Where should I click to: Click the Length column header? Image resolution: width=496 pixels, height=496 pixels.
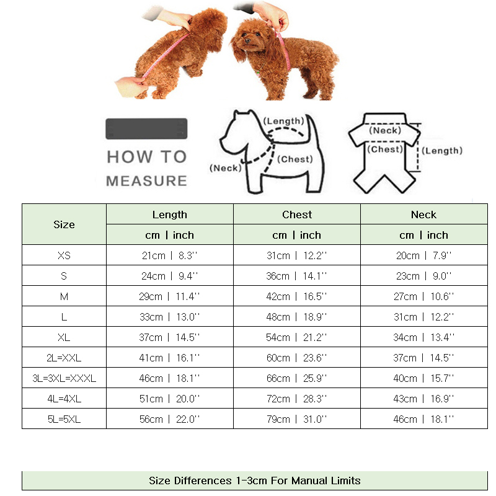[x=169, y=215]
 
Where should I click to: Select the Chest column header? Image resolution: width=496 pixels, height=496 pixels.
[x=297, y=215]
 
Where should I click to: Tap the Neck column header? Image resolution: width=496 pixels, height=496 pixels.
[x=423, y=215]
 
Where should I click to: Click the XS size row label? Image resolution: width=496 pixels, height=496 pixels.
[x=64, y=255]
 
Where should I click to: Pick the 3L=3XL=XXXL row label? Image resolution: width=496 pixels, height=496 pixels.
[x=64, y=378]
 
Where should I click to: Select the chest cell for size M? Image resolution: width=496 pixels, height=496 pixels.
[x=297, y=296]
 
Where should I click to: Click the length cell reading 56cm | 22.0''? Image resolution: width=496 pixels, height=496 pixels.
[x=169, y=419]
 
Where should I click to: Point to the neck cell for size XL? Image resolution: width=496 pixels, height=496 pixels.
[x=423, y=337]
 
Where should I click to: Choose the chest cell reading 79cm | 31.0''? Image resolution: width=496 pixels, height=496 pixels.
[x=297, y=419]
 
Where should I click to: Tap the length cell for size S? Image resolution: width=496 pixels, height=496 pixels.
[x=169, y=276]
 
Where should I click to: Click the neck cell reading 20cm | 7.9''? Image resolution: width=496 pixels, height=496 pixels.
[x=423, y=255]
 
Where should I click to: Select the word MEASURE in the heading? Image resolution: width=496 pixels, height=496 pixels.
[x=146, y=181]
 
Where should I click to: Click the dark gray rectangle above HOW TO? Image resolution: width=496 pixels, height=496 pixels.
[x=146, y=128]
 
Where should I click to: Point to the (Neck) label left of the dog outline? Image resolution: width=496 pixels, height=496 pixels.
[x=225, y=168]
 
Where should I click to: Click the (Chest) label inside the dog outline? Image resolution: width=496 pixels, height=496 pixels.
[x=295, y=159]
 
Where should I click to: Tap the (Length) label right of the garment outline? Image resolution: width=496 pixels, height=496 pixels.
[x=443, y=151]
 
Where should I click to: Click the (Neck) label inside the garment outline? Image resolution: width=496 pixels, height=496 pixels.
[x=386, y=131]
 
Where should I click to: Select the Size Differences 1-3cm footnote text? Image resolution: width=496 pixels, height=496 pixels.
[x=254, y=480]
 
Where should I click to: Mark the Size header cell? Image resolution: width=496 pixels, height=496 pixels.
[x=64, y=224]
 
